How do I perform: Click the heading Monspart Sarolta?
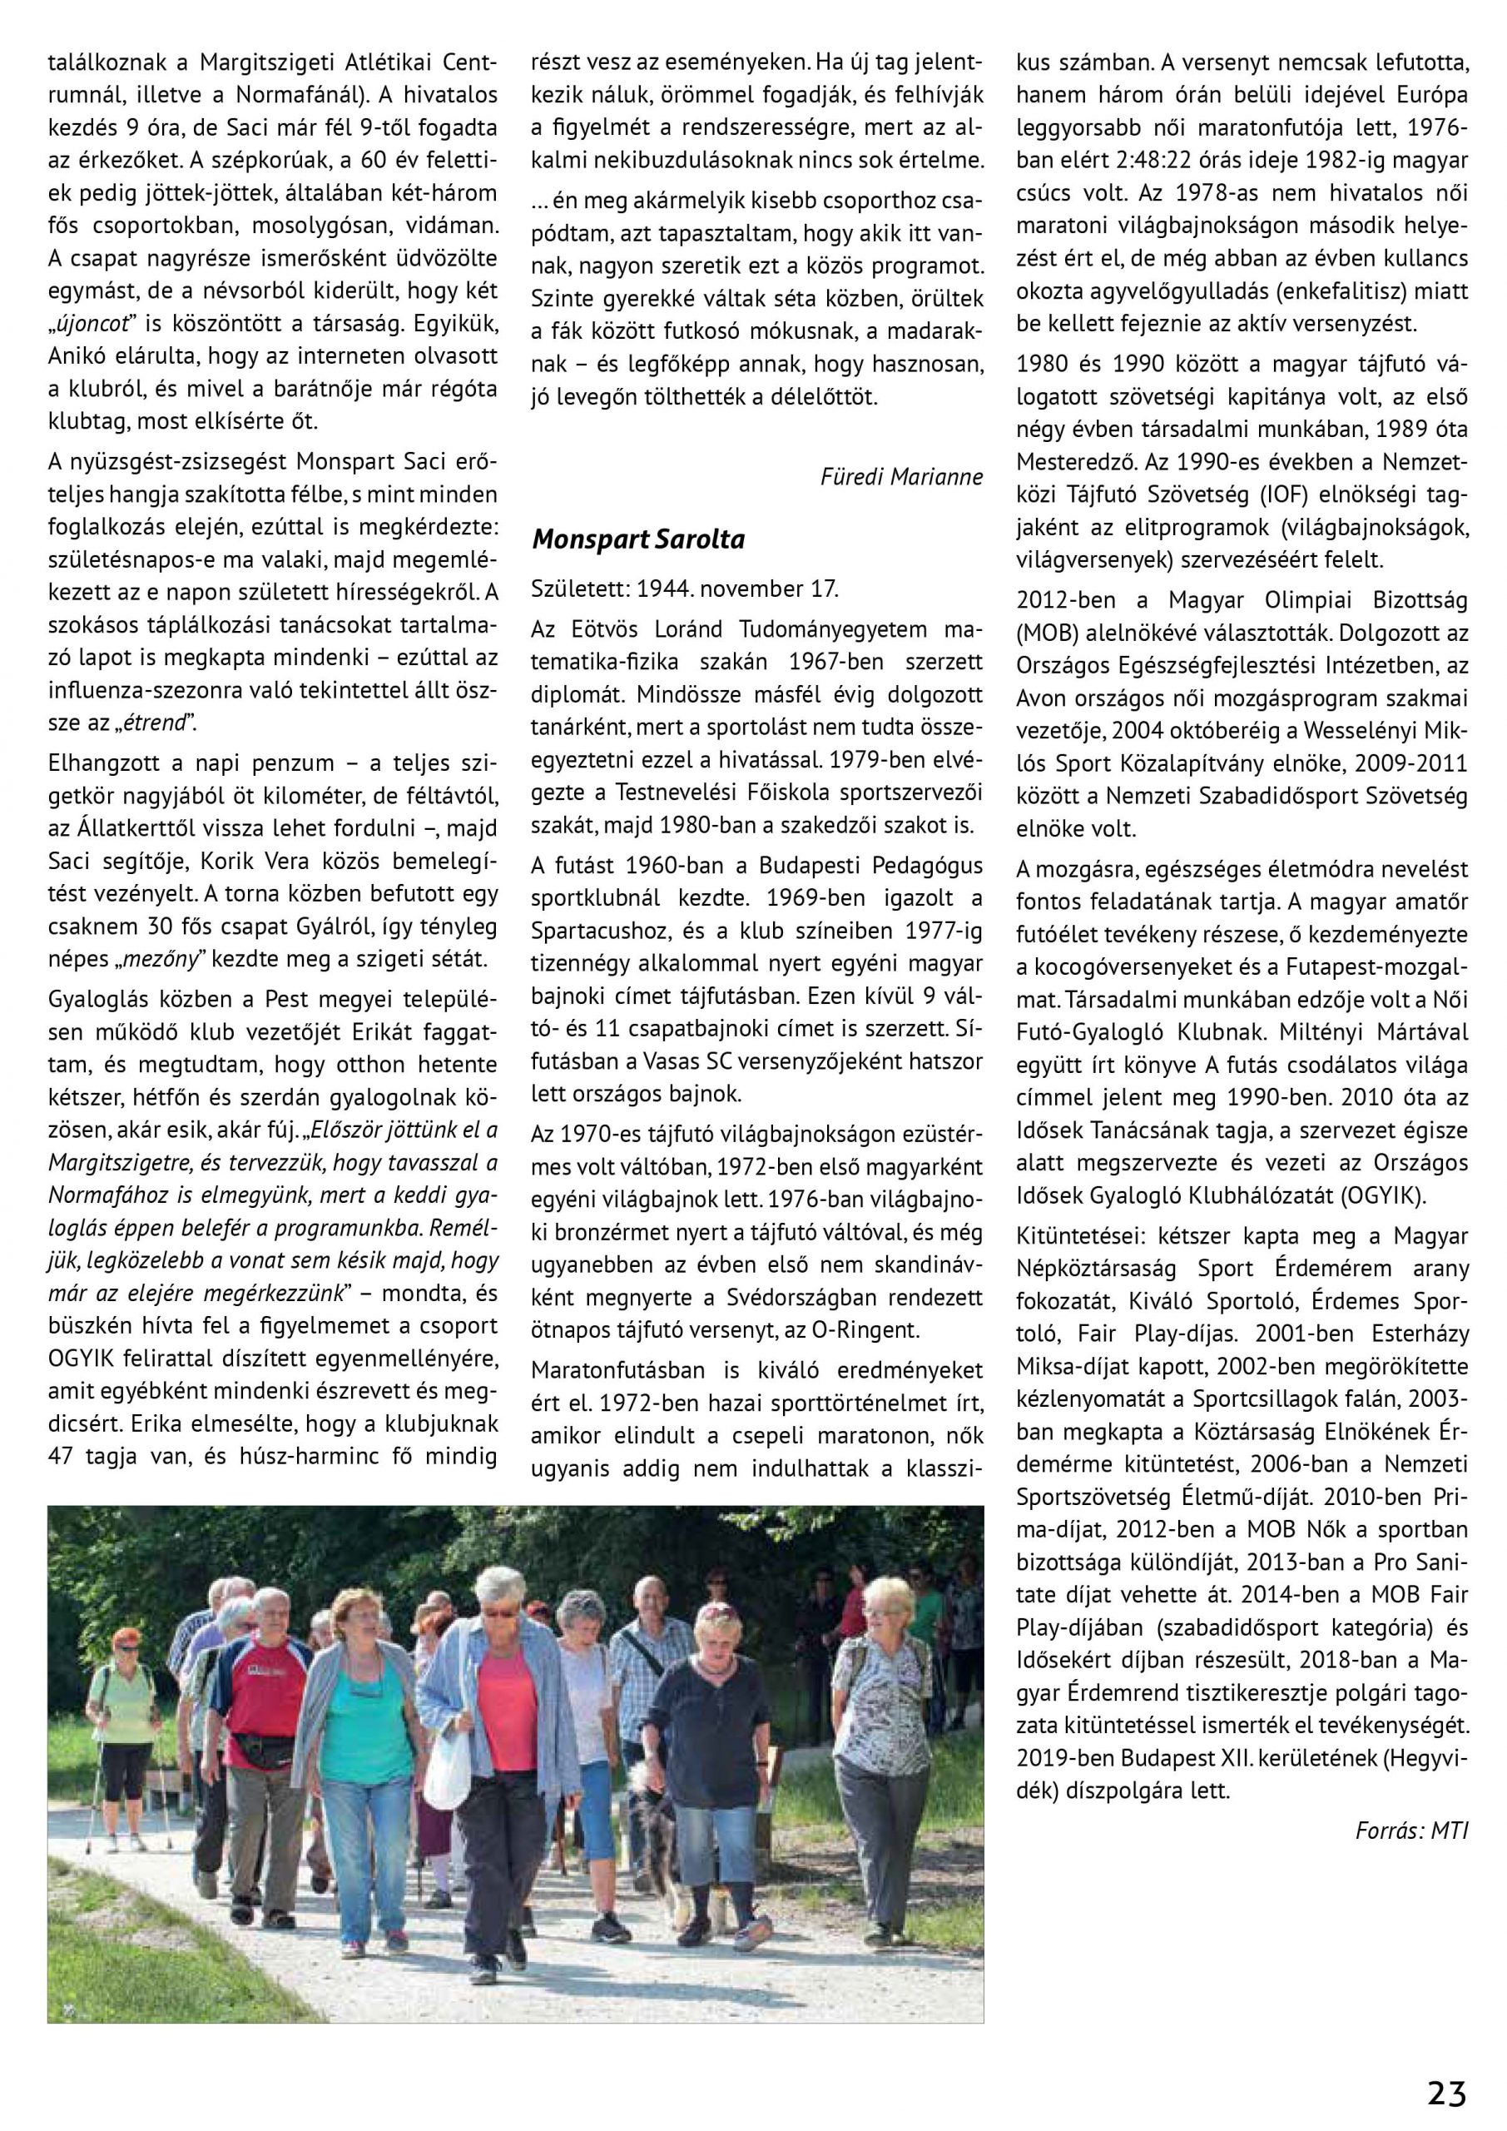(x=638, y=540)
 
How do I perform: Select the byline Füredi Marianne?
(x=901, y=477)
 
